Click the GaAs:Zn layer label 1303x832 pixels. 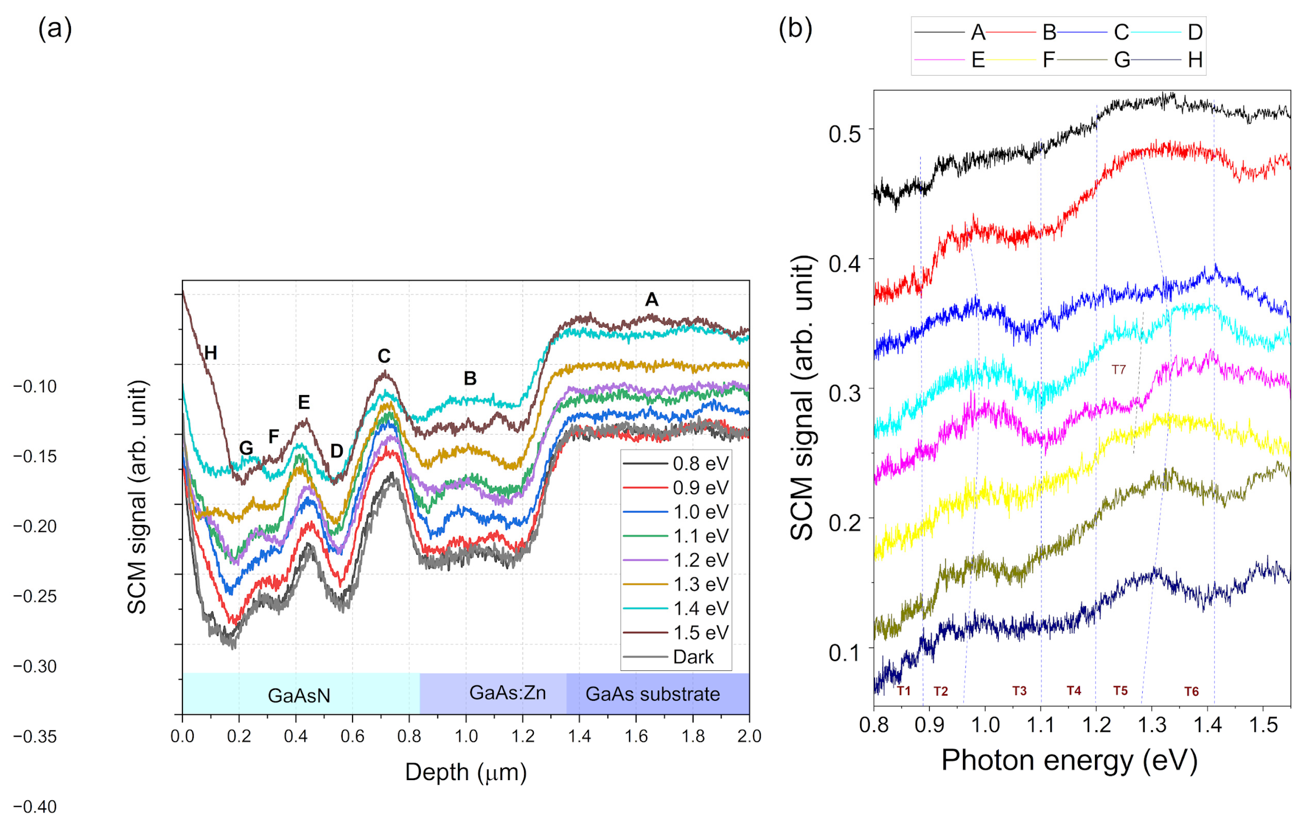[x=507, y=692]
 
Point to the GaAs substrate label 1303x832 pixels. [x=652, y=694]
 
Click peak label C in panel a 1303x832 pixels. [x=383, y=356]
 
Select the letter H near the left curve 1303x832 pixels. [x=211, y=353]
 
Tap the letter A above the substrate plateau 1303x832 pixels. [x=652, y=300]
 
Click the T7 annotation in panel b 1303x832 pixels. [x=1119, y=370]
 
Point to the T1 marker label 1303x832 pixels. [x=904, y=691]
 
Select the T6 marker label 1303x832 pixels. [x=1191, y=691]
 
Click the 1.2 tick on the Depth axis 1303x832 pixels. [x=522, y=736]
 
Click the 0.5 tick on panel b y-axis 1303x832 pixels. [x=845, y=133]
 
